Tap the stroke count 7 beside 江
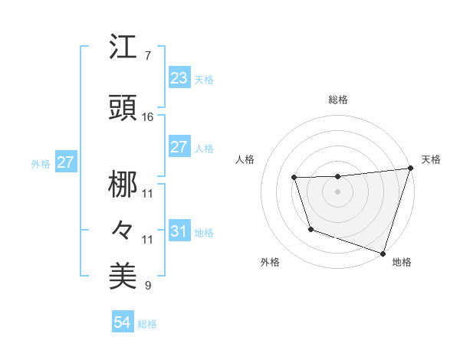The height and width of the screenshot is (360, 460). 148,56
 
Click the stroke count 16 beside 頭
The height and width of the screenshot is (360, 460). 148,117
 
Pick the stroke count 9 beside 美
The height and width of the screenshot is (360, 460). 148,286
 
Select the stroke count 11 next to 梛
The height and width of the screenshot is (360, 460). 148,193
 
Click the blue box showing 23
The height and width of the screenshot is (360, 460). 179,78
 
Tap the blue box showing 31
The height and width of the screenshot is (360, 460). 179,231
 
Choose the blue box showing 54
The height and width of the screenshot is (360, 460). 122,322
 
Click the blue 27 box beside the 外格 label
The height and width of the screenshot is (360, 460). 65,162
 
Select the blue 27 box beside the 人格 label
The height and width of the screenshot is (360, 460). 179,147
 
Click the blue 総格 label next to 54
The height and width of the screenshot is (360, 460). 147,324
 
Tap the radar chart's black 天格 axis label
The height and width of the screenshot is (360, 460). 431,159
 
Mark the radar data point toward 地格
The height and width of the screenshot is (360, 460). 383,252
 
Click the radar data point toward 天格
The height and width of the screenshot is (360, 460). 410,169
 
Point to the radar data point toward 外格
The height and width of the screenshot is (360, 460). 310,229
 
